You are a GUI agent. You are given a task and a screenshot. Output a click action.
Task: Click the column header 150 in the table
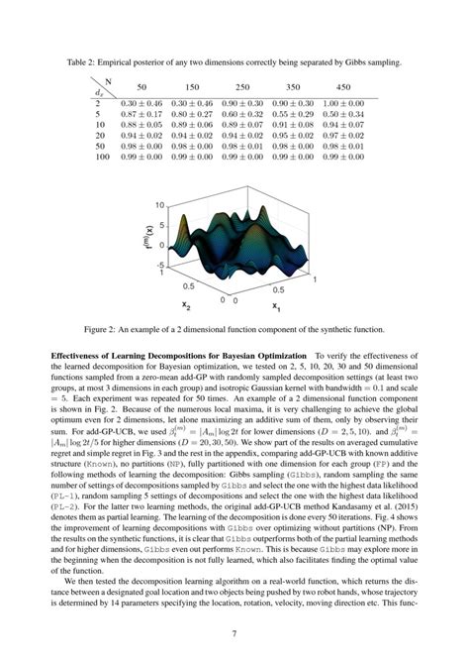[192, 86]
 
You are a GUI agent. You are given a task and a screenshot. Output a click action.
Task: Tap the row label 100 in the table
[102, 157]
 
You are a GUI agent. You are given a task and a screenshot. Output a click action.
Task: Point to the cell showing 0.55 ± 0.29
[297, 113]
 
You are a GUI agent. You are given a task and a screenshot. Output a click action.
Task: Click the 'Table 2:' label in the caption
[82, 61]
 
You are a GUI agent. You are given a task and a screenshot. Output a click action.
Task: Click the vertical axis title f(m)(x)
[145, 236]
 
